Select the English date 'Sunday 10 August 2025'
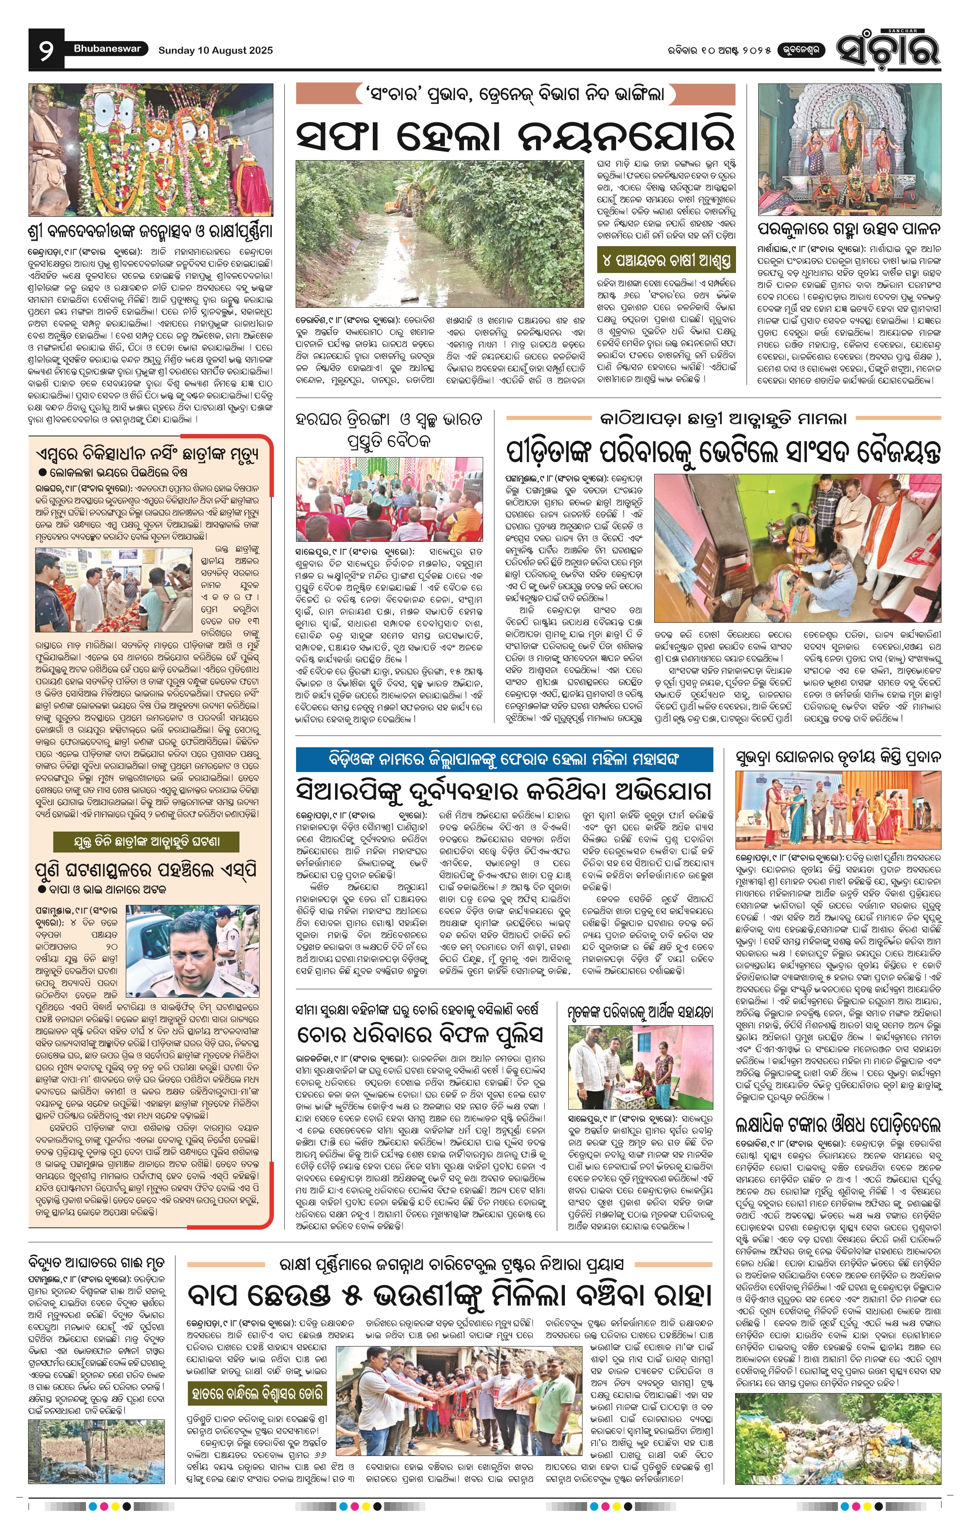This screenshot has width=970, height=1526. (x=216, y=50)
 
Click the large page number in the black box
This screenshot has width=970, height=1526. (x=46, y=50)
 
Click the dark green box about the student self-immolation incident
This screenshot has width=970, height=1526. (x=146, y=842)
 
